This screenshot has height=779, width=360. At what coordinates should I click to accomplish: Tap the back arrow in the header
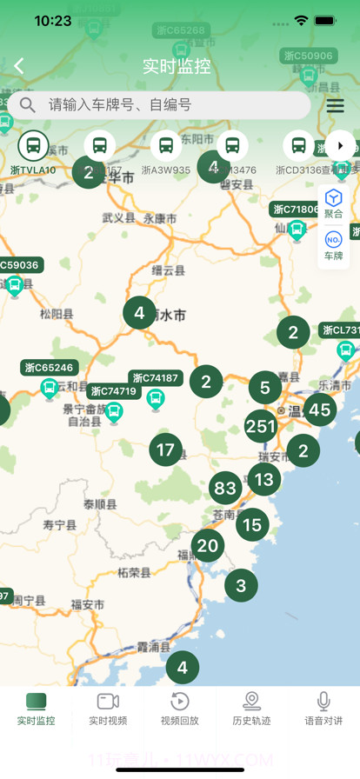(19, 66)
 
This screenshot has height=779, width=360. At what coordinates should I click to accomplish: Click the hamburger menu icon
(335, 105)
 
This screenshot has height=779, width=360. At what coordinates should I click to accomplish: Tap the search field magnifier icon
(28, 105)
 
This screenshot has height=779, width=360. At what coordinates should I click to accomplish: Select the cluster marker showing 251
(261, 426)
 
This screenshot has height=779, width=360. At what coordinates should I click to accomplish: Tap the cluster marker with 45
(320, 409)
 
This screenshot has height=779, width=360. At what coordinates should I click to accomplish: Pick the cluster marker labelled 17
(165, 450)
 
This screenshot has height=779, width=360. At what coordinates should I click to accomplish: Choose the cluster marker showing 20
(208, 546)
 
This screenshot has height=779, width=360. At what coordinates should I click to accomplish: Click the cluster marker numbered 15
(252, 524)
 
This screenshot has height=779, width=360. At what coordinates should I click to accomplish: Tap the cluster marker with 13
(263, 479)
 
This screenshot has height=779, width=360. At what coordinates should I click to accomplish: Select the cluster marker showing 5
(265, 388)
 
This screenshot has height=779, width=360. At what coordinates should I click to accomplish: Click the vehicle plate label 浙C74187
(156, 378)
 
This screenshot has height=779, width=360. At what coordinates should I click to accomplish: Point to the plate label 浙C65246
(50, 368)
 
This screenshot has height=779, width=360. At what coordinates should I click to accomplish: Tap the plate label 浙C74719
(114, 391)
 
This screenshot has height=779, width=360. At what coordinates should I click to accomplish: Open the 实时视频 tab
(108, 709)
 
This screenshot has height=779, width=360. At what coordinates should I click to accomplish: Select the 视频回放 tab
(179, 709)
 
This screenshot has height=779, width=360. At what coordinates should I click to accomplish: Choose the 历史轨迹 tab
(251, 709)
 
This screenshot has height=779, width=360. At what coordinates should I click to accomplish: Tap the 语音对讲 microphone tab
(323, 709)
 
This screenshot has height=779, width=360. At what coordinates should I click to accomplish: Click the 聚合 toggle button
(333, 203)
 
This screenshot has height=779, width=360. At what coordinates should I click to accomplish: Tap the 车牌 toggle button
(333, 246)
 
